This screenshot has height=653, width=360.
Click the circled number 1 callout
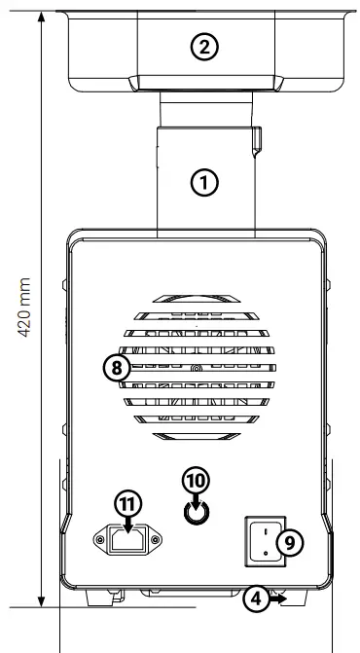[203, 180]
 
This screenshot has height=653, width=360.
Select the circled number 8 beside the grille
[115, 368]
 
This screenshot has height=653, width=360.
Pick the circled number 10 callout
[196, 479]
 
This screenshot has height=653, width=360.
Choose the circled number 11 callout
[128, 502]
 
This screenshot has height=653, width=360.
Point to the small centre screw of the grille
[196, 369]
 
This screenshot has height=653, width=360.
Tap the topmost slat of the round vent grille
[196, 297]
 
